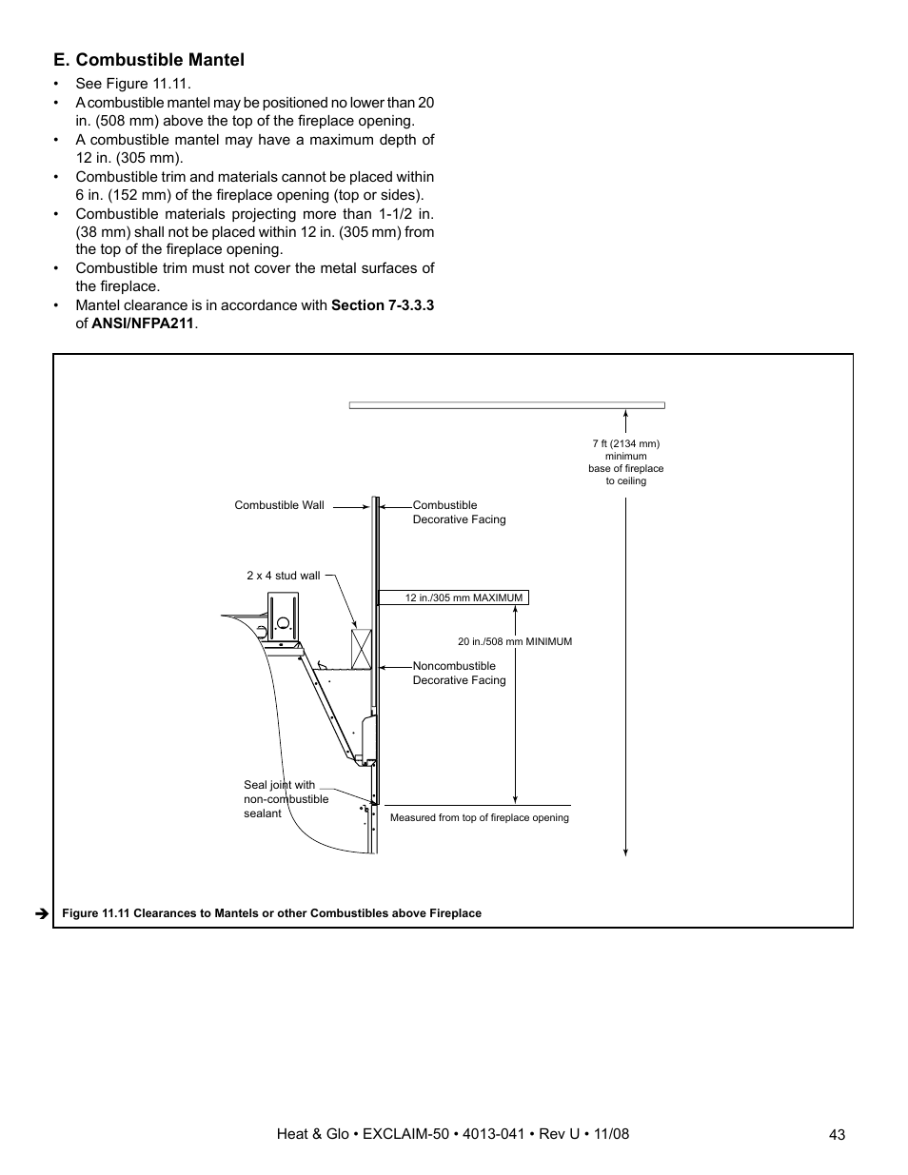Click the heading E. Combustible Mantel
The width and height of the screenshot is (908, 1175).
click(x=148, y=60)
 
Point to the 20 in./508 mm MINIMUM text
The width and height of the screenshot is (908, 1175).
click(x=515, y=642)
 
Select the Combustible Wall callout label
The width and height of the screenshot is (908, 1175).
click(x=279, y=505)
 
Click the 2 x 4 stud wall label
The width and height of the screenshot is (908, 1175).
click(x=284, y=576)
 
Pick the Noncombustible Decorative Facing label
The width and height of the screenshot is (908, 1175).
click(x=459, y=674)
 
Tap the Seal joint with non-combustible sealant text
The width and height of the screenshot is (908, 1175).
click(x=285, y=799)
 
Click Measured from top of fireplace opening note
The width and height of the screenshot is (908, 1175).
click(x=479, y=817)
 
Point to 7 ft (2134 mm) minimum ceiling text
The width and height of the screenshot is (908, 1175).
click(x=625, y=462)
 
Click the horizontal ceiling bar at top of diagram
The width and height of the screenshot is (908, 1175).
click(x=506, y=405)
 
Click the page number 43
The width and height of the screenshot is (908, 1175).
click(x=837, y=1134)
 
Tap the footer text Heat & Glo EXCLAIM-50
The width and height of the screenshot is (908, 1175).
click(x=452, y=1134)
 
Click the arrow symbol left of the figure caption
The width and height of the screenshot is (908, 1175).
click(x=42, y=913)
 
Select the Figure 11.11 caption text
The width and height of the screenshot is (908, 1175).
click(x=271, y=913)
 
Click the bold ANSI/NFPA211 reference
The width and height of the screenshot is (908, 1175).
click(x=143, y=323)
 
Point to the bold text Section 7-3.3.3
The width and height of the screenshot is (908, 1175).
click(x=383, y=305)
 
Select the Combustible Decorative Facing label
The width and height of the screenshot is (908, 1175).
click(x=459, y=513)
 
